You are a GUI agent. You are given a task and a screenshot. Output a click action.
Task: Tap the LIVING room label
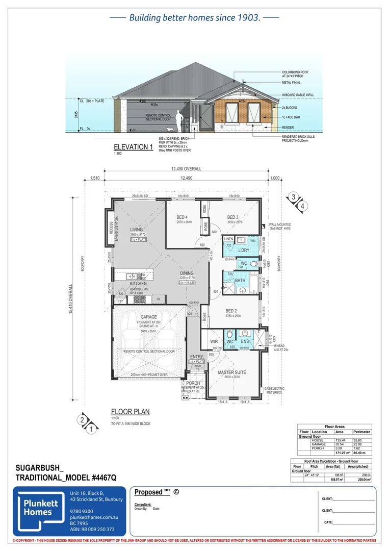[137, 230]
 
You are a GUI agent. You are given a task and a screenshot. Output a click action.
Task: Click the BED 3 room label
[234, 217]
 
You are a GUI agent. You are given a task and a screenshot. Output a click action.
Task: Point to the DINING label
[186, 273]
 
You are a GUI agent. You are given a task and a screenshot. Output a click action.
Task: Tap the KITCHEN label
[138, 283]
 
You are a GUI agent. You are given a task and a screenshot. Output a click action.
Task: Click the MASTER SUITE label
[232, 372]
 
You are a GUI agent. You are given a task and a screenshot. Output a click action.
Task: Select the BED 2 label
[231, 311]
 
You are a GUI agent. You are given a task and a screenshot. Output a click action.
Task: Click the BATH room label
[240, 280]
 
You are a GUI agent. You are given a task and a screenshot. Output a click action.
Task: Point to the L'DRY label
[243, 250]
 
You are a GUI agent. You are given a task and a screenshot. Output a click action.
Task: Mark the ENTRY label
[196, 357]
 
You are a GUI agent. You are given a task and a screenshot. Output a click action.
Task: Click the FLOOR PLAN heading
[131, 412]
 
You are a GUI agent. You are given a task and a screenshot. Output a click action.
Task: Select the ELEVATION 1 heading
[134, 147]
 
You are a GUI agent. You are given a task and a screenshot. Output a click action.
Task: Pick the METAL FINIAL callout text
[294, 82]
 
